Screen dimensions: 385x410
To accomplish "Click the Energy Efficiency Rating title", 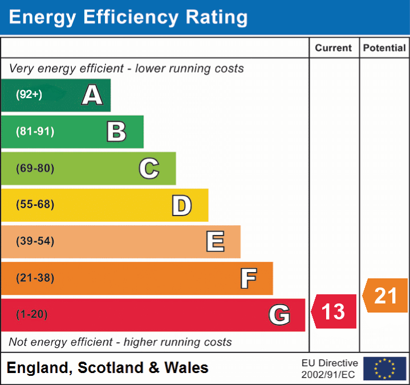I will [128, 18].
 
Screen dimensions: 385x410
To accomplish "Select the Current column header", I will [334, 48].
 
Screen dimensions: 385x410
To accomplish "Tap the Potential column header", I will [384, 48].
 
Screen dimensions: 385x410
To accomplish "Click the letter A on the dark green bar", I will [92, 95].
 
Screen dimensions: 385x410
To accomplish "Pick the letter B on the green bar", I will [117, 132].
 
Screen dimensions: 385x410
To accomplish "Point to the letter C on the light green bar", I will [149, 168].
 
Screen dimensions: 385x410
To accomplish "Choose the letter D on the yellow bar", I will [182, 205].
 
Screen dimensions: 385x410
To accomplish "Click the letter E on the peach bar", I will [215, 242].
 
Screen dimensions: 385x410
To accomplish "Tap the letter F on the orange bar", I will [248, 278].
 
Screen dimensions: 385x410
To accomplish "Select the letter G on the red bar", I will [279, 315].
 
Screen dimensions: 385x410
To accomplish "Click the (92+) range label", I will [29, 95].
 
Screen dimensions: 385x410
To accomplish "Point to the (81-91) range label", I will [35, 131].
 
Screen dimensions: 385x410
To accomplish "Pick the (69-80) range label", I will [35, 168].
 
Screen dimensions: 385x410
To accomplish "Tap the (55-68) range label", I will [35, 205].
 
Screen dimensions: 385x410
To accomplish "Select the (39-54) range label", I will [35, 241].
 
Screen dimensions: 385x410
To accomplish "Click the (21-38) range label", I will [35, 278].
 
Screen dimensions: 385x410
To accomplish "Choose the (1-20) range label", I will [33, 314].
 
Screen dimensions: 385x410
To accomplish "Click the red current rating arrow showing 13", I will [334, 312].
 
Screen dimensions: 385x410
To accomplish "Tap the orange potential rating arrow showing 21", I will [385, 295].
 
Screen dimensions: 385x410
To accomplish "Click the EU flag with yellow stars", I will [384, 368].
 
